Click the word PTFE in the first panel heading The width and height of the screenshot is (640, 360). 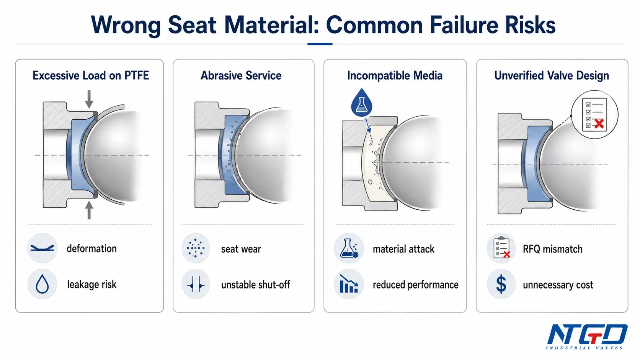click(x=136, y=75)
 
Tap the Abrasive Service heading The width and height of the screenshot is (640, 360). click(x=241, y=76)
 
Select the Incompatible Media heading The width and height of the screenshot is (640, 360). click(x=395, y=76)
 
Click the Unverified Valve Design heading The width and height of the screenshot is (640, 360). click(x=552, y=76)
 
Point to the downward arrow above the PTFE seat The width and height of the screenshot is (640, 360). click(x=89, y=99)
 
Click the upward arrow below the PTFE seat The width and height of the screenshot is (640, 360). click(x=89, y=210)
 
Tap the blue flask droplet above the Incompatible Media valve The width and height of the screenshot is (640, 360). click(x=362, y=102)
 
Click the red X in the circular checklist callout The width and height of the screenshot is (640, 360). click(x=599, y=124)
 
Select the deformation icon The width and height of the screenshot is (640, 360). click(x=42, y=248)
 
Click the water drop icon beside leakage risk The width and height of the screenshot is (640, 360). click(x=42, y=284)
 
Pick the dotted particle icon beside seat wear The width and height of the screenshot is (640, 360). click(x=196, y=248)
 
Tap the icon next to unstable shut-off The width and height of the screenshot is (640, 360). click(x=196, y=284)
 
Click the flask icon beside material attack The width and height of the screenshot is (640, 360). click(x=349, y=248)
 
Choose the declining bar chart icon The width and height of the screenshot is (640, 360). click(x=349, y=284)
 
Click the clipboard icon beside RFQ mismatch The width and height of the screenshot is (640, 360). click(x=501, y=248)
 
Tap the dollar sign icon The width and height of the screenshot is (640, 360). click(x=501, y=284)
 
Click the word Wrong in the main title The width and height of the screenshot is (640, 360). click(x=126, y=25)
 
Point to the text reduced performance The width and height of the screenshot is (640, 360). click(x=415, y=285)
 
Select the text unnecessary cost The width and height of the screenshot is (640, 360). click(x=558, y=285)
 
